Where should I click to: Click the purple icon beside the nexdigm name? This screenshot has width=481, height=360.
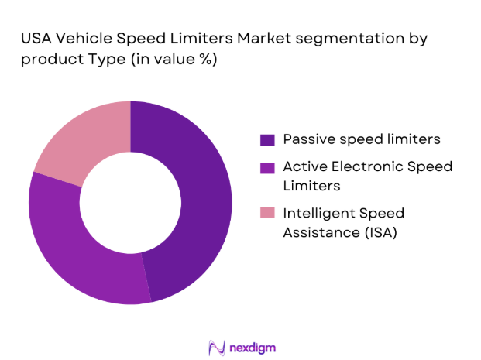(216, 347)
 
